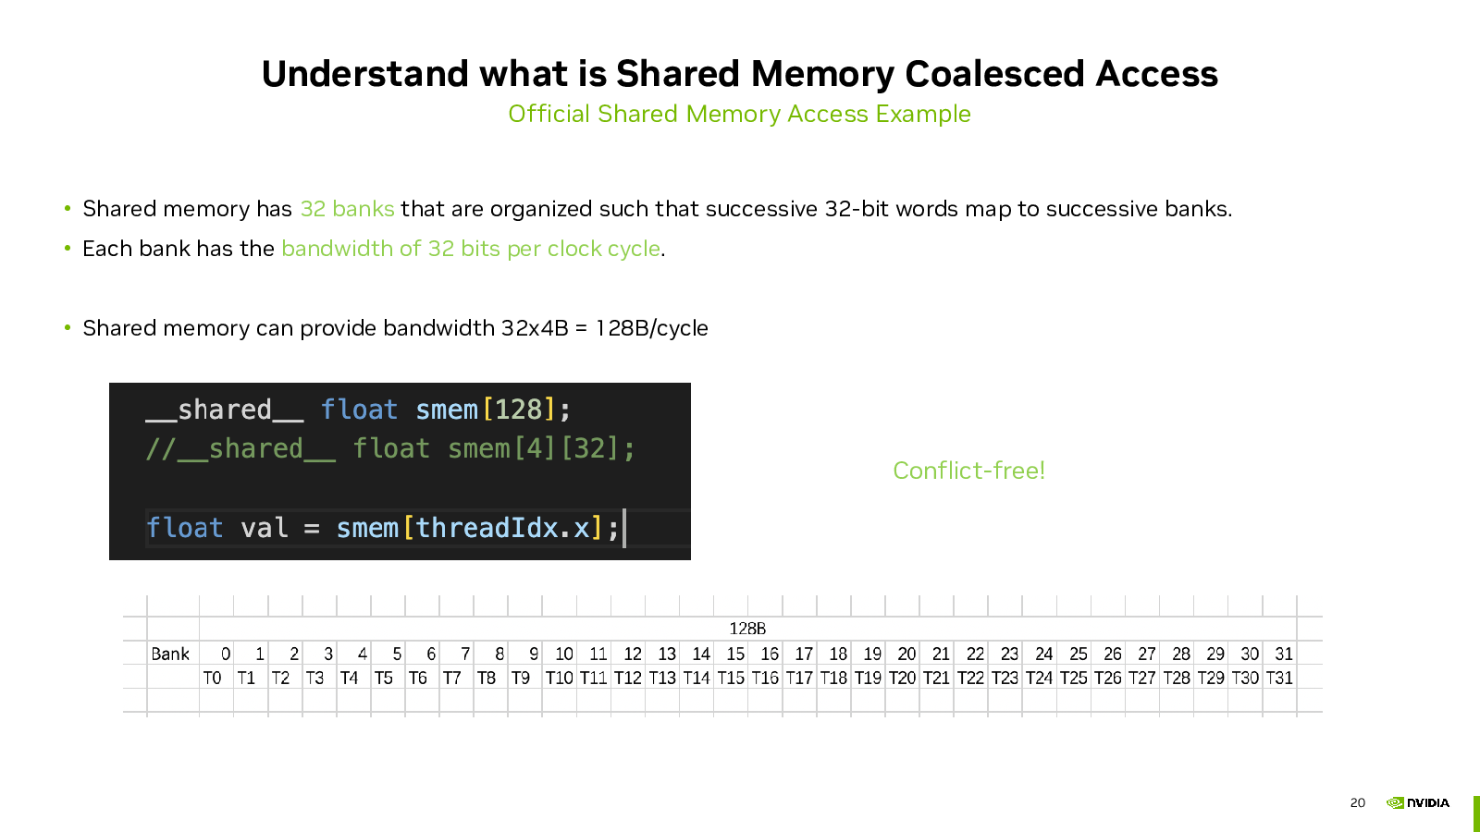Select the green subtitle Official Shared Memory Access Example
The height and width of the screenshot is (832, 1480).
[739, 114]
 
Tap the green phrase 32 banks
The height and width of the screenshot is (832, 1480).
[348, 209]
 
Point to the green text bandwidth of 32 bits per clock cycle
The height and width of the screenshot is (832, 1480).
[471, 249]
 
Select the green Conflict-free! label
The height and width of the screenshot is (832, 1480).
[968, 471]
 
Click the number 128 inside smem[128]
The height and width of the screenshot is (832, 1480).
[519, 410]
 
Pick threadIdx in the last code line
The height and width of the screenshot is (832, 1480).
[486, 528]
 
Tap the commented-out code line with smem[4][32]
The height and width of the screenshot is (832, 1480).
[389, 449]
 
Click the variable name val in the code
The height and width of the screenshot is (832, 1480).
[265, 528]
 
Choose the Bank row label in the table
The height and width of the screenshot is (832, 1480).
[170, 654]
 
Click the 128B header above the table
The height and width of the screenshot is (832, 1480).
[747, 629]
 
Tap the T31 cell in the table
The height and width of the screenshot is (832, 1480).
[1279, 678]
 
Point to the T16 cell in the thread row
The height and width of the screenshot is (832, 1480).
[765, 678]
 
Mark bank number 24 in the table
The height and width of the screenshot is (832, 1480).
[1044, 654]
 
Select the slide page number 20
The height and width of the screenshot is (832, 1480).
[1358, 803]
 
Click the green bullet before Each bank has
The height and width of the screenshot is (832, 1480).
[68, 249]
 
